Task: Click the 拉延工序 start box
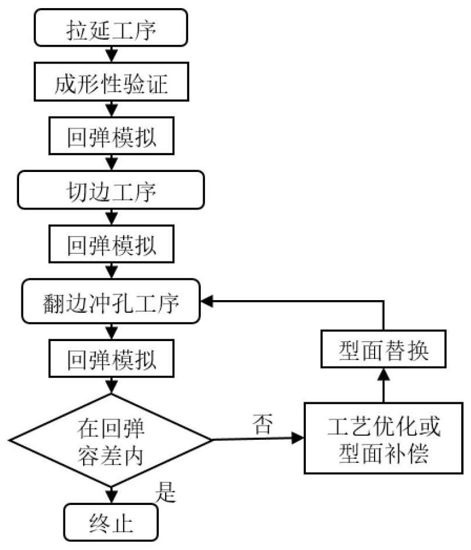click(111, 27)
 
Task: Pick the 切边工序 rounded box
click(111, 190)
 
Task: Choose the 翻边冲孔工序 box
click(111, 302)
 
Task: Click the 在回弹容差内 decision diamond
click(111, 440)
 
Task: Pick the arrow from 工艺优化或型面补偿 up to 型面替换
click(383, 387)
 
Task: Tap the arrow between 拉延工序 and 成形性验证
click(111, 55)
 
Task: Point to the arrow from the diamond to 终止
click(111, 494)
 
